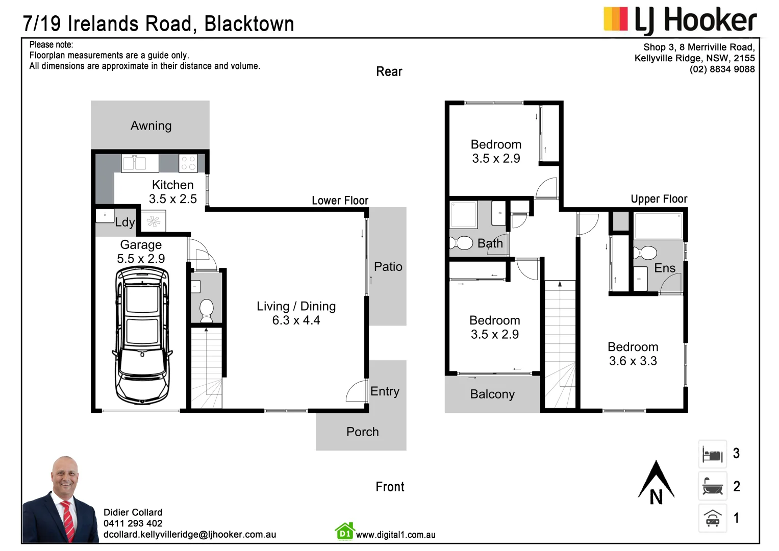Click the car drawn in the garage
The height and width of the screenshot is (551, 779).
(142, 335)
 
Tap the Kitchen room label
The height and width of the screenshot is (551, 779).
(172, 185)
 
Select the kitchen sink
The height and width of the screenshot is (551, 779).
(134, 163)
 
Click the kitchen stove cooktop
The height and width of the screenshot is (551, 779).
(188, 163)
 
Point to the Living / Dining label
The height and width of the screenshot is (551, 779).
(296, 306)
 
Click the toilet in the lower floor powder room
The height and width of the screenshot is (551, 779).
(206, 310)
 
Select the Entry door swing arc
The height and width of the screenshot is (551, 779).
(356, 391)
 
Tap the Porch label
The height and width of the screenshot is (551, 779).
(362, 432)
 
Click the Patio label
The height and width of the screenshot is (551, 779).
(388, 266)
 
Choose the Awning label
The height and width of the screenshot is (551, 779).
(150, 126)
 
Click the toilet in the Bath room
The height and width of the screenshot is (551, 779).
(462, 243)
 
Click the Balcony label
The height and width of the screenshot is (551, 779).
(492, 394)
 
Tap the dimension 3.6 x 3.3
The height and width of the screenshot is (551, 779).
(633, 361)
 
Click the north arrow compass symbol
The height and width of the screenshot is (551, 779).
(656, 483)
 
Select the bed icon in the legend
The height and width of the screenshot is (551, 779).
(712, 454)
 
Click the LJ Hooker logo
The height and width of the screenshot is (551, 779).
(680, 20)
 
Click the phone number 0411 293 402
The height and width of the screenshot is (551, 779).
(133, 523)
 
